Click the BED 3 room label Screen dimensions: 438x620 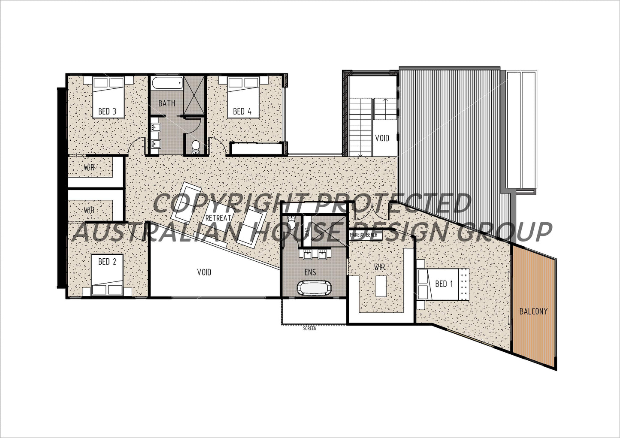pyautogui.click(x=107, y=112)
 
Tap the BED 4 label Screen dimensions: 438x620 pyautogui.click(x=242, y=112)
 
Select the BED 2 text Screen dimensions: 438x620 pyautogui.click(x=107, y=261)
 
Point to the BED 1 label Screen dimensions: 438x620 pyautogui.click(x=444, y=284)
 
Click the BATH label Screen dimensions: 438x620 pyautogui.click(x=166, y=103)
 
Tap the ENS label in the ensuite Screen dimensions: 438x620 pyautogui.click(x=310, y=272)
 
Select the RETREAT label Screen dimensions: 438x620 pyautogui.click(x=218, y=218)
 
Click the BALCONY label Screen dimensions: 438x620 pyautogui.click(x=533, y=311)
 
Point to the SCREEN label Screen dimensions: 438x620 pyautogui.click(x=310, y=329)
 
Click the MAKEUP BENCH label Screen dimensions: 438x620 pyautogui.click(x=364, y=235)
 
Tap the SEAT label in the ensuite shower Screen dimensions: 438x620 pyautogui.click(x=307, y=232)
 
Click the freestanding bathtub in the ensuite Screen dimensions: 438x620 pyautogui.click(x=313, y=288)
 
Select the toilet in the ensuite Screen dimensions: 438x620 pyautogui.click(x=291, y=224)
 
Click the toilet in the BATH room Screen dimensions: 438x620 pyautogui.click(x=196, y=146)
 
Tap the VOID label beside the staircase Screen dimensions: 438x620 pyautogui.click(x=382, y=138)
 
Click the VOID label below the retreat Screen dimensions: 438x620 pyautogui.click(x=204, y=272)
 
